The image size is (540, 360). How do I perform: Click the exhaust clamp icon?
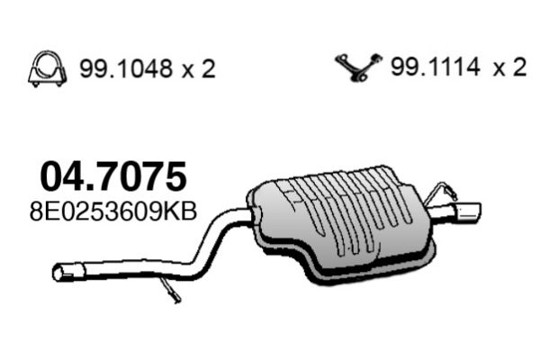(x=47, y=69)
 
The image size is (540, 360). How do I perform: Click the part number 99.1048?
(x=125, y=68)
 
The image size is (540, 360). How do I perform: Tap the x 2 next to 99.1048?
(x=198, y=69)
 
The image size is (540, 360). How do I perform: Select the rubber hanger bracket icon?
(x=358, y=67)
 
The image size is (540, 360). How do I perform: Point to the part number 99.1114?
(x=436, y=67)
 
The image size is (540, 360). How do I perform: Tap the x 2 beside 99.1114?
(x=509, y=67)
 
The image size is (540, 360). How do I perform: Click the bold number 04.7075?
(x=113, y=176)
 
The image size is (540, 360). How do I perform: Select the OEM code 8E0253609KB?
(x=113, y=211)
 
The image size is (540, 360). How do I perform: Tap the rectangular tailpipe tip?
(x=468, y=212)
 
